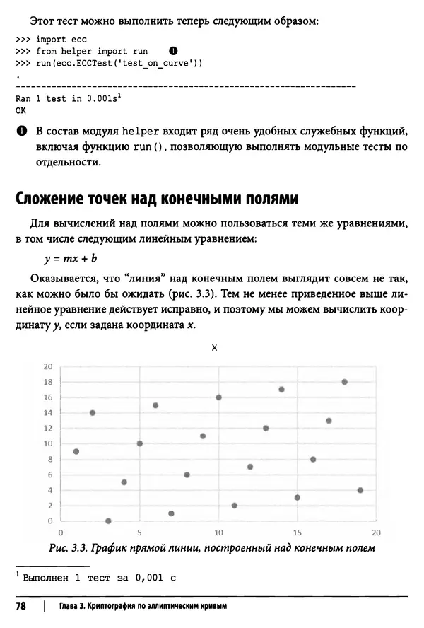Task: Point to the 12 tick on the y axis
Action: coord(48,428)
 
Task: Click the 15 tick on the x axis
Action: coord(297,532)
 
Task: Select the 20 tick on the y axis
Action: coord(48,366)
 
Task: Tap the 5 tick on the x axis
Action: coord(139,532)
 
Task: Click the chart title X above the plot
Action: coord(214,348)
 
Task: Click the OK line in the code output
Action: coord(20,111)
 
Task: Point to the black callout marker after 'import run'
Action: coord(173,51)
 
